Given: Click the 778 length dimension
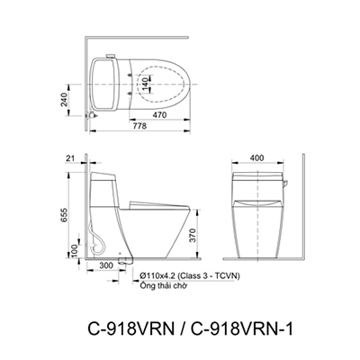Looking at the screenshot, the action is click(139, 126).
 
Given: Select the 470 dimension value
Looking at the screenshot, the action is click(158, 115).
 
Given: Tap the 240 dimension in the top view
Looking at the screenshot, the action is click(64, 99).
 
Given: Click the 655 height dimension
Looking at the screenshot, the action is click(64, 216).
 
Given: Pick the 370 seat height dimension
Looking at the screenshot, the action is click(193, 235).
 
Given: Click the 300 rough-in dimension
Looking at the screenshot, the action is click(106, 265).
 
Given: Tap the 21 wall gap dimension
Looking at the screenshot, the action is click(70, 159).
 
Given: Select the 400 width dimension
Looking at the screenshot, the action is click(256, 157).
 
